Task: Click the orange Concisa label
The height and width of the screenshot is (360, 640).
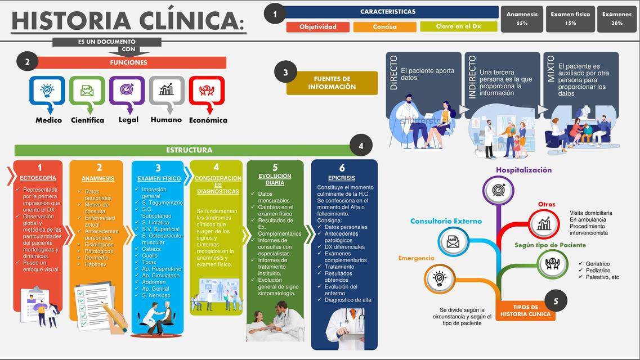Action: tap(385, 27)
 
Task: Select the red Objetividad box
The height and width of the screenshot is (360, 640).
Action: tap(318, 27)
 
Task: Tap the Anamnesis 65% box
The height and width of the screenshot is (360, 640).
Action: tap(522, 19)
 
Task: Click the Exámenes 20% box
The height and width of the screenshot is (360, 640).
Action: tap(617, 19)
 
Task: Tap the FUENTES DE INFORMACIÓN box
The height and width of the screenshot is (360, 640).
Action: tap(332, 83)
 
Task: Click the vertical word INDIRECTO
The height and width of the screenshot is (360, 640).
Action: tap(472, 77)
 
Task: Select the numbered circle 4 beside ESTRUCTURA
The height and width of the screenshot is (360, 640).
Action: tap(361, 146)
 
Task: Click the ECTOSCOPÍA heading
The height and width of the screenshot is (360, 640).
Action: tap(38, 178)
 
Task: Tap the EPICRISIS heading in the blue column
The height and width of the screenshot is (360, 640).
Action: tap(342, 178)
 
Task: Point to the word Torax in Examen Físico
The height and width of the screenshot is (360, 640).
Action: tap(149, 262)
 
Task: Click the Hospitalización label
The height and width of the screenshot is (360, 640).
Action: tap(523, 170)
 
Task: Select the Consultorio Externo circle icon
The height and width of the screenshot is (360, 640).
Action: tap(453, 241)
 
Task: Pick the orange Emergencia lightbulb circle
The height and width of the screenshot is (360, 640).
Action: tap(440, 278)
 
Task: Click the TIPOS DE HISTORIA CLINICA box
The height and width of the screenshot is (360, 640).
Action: tap(525, 311)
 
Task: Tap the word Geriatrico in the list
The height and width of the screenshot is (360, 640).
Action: tap(597, 264)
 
